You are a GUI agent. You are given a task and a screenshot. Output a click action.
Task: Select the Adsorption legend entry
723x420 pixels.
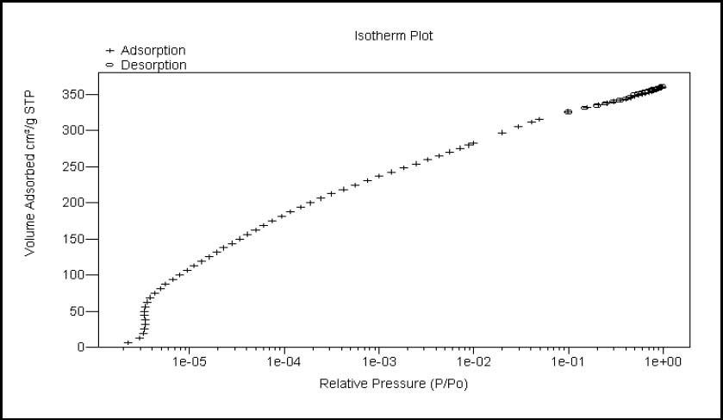(x=153, y=51)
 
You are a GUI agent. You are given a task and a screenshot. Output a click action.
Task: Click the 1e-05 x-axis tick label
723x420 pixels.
(x=189, y=361)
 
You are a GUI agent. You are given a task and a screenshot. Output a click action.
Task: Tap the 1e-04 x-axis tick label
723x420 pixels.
(x=284, y=361)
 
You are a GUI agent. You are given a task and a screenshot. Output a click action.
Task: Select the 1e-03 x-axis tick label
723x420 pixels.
(x=378, y=361)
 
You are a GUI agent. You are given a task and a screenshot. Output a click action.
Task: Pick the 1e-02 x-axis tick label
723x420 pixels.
(x=473, y=361)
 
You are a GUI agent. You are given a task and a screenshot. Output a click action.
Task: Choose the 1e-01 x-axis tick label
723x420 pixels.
(x=568, y=361)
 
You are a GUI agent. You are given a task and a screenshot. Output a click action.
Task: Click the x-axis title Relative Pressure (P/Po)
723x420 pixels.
(x=394, y=383)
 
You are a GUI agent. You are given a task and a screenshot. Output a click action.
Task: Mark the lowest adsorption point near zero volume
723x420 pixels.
(x=128, y=343)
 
